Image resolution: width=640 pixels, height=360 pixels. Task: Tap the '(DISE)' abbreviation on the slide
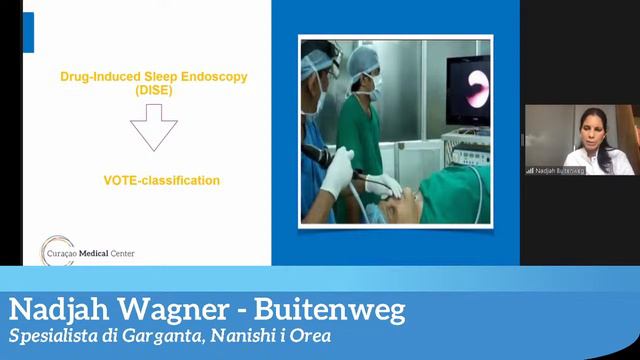pyautogui.click(x=153, y=90)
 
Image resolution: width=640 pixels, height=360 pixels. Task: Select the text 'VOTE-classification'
pyautogui.click(x=162, y=181)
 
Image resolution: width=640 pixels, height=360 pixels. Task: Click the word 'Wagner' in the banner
pyautogui.click(x=164, y=309)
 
